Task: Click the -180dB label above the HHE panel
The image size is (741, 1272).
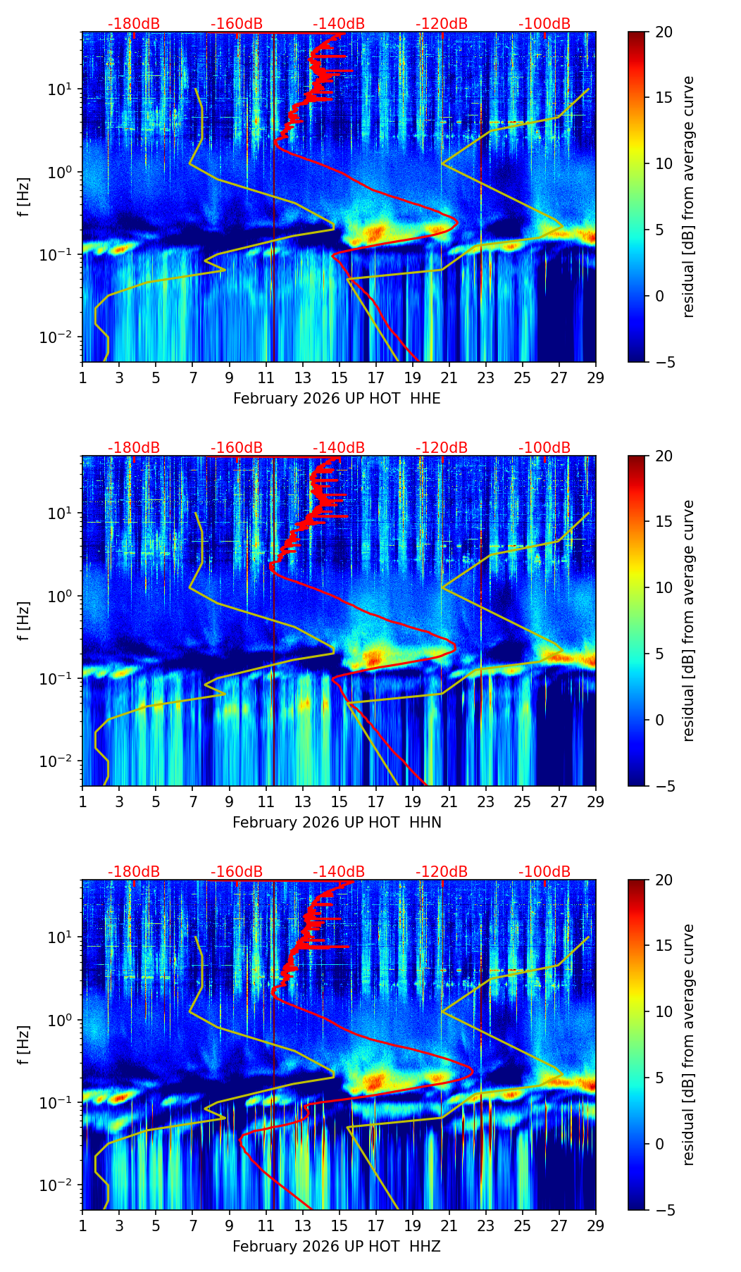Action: point(134,25)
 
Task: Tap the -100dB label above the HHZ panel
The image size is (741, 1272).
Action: point(544,873)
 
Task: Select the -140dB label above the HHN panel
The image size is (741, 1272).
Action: point(339,449)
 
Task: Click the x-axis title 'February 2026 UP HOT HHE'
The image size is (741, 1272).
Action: point(337,399)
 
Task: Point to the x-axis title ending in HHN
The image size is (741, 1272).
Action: point(337,823)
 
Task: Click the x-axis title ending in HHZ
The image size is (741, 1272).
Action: point(337,1247)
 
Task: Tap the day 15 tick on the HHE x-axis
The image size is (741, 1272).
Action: point(340,378)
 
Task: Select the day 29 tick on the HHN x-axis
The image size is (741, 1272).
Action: point(596,802)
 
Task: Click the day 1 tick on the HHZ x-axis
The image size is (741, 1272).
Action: point(82,1226)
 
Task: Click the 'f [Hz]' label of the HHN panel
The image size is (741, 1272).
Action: point(24,621)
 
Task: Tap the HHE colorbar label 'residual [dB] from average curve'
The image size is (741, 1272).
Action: point(689,197)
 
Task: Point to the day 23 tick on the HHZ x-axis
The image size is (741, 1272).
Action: point(486,1226)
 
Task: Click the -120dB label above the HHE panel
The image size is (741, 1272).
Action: point(442,25)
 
